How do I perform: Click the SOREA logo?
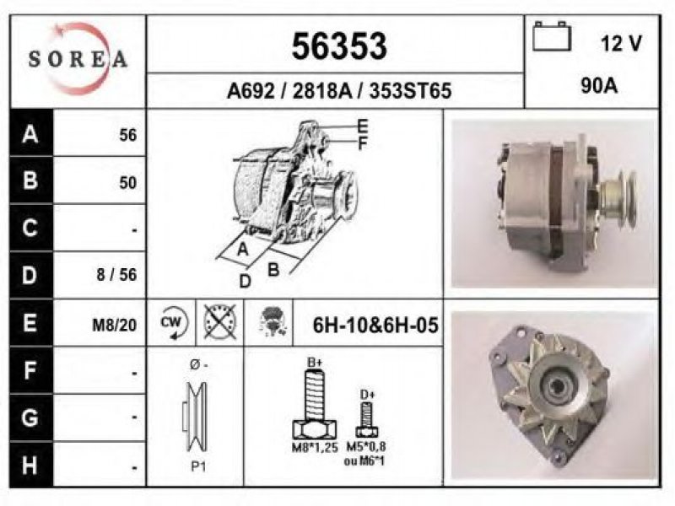[78, 59]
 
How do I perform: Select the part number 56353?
[339, 46]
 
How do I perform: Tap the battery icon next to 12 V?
[552, 36]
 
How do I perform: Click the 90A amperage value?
[599, 86]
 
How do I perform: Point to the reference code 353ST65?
[410, 91]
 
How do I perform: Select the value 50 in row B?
[128, 183]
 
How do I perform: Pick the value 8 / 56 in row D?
[116, 275]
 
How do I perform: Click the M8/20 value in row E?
[115, 326]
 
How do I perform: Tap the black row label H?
[30, 466]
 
